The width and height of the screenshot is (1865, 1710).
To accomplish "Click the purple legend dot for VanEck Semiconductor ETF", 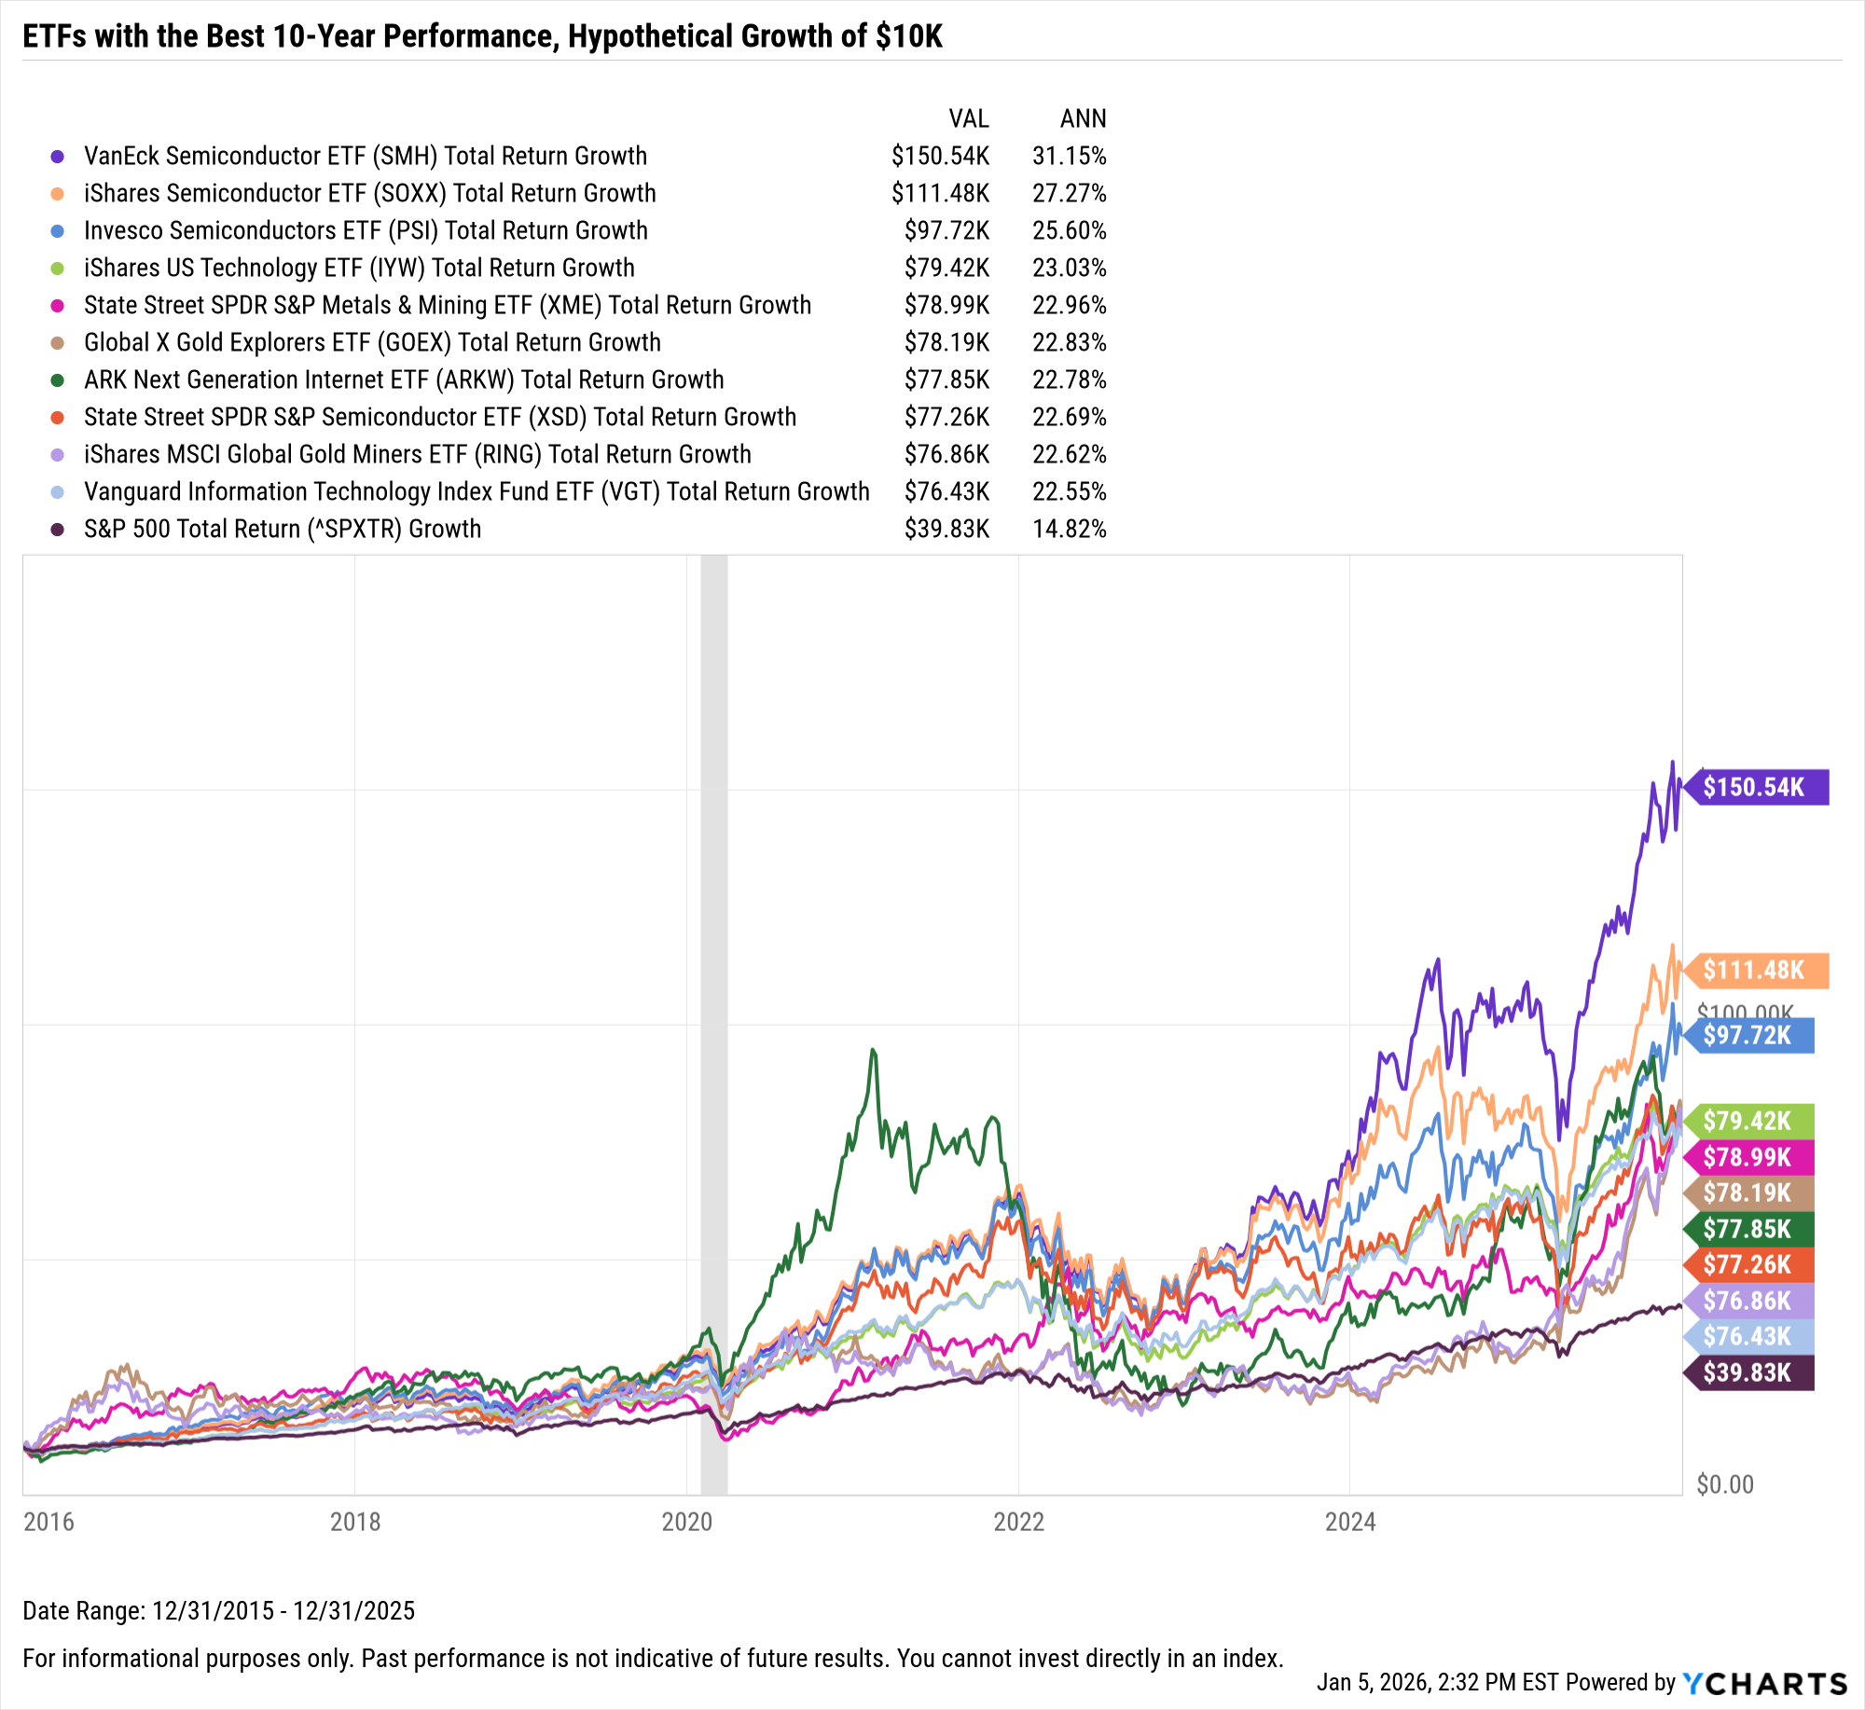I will tap(58, 157).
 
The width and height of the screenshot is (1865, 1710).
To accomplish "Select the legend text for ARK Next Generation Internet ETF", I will tap(403, 379).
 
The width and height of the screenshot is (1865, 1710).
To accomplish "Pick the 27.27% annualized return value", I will tap(1069, 193).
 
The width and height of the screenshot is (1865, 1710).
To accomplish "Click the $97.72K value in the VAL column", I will tap(946, 230).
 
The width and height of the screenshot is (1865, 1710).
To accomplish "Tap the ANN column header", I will tap(1083, 118).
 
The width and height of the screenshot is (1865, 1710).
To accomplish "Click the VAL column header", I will tap(968, 118).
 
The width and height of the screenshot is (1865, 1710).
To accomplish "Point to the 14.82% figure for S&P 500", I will tap(1069, 529).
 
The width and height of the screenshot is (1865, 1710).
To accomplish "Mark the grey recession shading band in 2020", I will tap(713, 932).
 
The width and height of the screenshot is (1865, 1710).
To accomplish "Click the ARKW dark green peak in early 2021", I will tap(874, 1051).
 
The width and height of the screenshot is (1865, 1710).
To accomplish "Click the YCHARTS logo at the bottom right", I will tap(1764, 1683).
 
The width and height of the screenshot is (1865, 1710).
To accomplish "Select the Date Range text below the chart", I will tap(218, 1610).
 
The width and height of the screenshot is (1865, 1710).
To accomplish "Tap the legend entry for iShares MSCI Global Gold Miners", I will tap(417, 454).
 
